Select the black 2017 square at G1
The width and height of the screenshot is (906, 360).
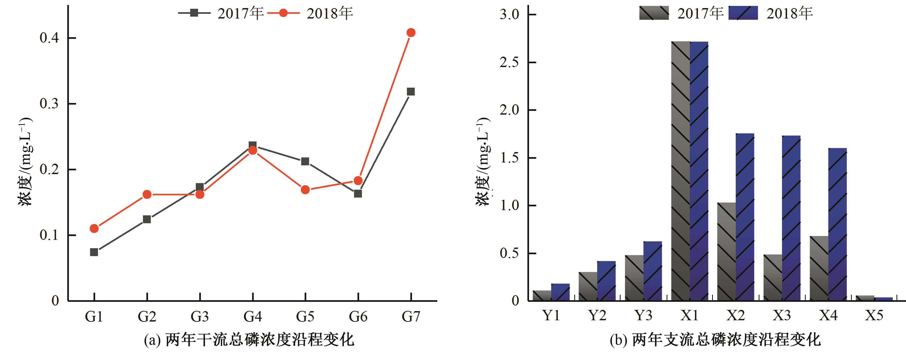pyautogui.click(x=94, y=252)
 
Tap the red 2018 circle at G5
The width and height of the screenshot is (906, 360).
pyautogui.click(x=305, y=190)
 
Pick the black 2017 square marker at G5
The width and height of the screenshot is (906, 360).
pyautogui.click(x=305, y=161)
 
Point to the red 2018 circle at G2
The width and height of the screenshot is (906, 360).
pyautogui.click(x=147, y=194)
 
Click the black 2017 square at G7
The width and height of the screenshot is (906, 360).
pyautogui.click(x=411, y=92)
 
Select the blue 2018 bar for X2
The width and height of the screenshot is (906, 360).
pyautogui.click(x=745, y=217)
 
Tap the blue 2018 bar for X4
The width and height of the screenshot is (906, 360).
pyautogui.click(x=837, y=224)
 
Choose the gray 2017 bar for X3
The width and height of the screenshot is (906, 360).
pyautogui.click(x=773, y=278)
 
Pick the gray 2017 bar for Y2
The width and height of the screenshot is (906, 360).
pyautogui.click(x=588, y=286)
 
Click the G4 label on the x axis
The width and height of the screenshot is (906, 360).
pyautogui.click(x=253, y=317)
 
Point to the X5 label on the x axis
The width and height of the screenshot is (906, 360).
pyautogui.click(x=874, y=315)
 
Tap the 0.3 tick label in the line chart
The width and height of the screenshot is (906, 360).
pyautogui.click(x=49, y=104)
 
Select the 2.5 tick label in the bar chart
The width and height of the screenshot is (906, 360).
pyautogui.click(x=509, y=62)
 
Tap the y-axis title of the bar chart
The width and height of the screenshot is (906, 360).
pyautogui.click(x=483, y=162)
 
